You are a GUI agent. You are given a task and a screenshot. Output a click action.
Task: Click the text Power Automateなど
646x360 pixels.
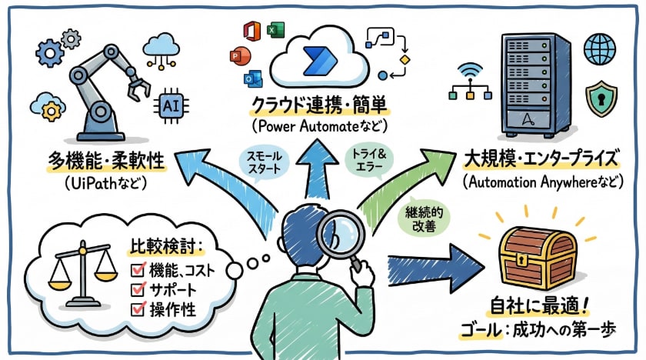coord(321,125)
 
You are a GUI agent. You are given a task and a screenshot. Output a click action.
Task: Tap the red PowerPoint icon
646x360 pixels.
coord(236,56)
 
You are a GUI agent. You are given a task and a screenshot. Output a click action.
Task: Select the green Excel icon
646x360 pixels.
coord(273,30)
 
